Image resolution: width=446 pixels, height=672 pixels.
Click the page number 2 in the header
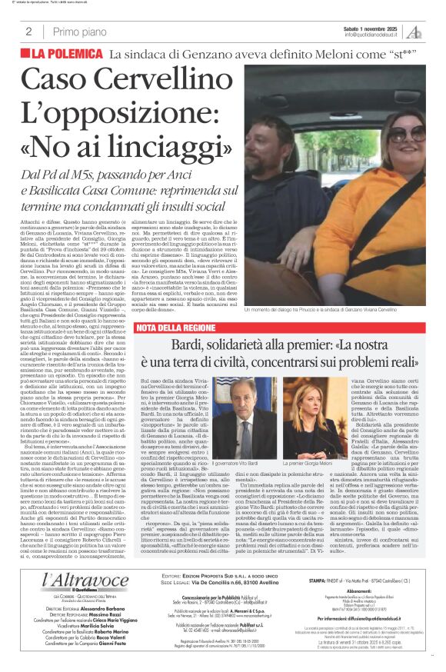[x=28, y=32]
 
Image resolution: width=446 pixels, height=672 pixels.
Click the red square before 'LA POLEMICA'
[x=26, y=55]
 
